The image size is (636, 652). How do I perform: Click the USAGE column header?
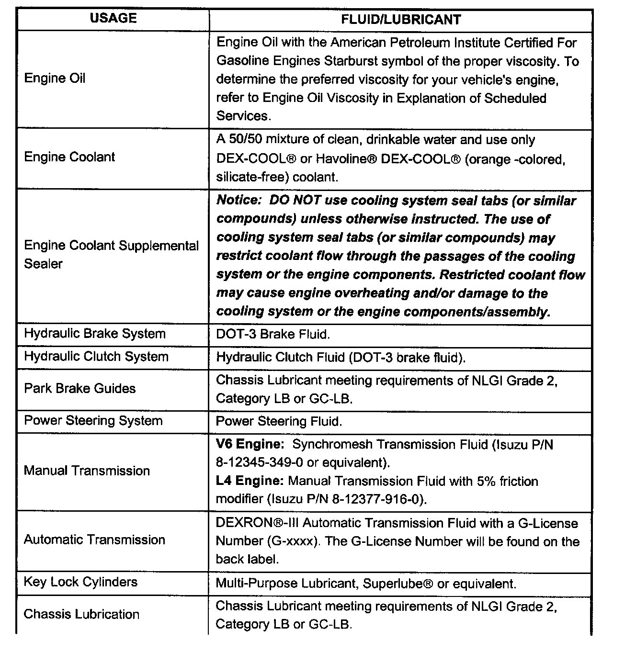coord(114,18)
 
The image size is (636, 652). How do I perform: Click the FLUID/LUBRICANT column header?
coord(401,20)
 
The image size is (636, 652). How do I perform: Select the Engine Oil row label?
coord(55,78)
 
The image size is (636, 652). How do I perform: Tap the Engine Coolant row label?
coord(69,157)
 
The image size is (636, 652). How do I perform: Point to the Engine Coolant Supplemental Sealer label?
coord(111,254)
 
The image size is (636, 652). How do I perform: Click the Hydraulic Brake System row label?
coord(95,334)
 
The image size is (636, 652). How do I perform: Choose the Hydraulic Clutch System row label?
coord(96,357)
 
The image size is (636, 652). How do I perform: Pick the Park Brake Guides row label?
coord(80,388)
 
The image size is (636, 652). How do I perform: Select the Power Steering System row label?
coord(93,421)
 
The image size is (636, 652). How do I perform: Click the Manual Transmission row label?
coord(87,471)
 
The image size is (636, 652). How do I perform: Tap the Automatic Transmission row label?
coord(94,540)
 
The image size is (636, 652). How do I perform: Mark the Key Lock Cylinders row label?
coord(80,582)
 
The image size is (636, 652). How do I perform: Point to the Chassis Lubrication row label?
coord(81,614)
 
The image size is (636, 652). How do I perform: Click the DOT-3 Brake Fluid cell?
coord(273,334)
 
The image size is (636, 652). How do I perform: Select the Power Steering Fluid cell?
coord(279,421)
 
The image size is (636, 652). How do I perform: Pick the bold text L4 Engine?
coord(250,481)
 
